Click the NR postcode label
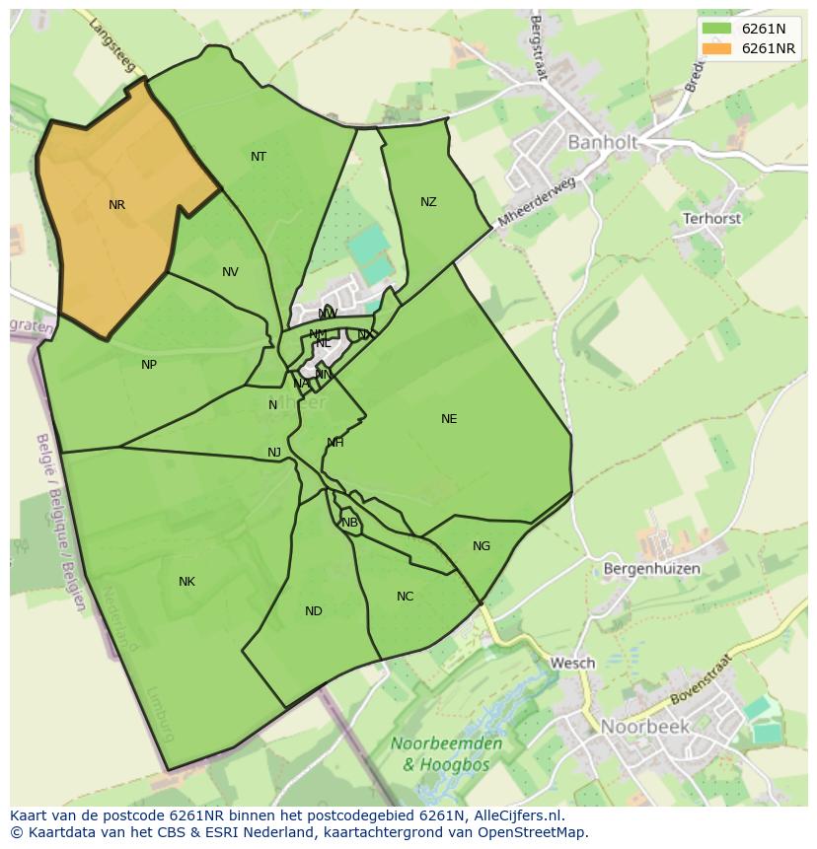[x=117, y=205]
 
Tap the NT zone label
[x=259, y=157]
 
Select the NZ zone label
[x=428, y=202]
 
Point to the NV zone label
[x=230, y=273]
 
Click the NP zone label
[x=149, y=365]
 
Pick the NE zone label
[x=449, y=419]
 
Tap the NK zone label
[x=186, y=582]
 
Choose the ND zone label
[x=314, y=611]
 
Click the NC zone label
[x=406, y=597]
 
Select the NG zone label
[x=482, y=546]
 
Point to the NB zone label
[x=349, y=523]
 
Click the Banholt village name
[x=602, y=143]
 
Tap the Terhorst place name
[x=711, y=219]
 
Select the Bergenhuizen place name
[x=651, y=569]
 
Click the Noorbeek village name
[x=645, y=727]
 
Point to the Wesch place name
[x=573, y=663]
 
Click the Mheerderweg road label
[x=537, y=202]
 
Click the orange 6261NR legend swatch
[x=717, y=48]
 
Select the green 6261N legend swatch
[x=717, y=29]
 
